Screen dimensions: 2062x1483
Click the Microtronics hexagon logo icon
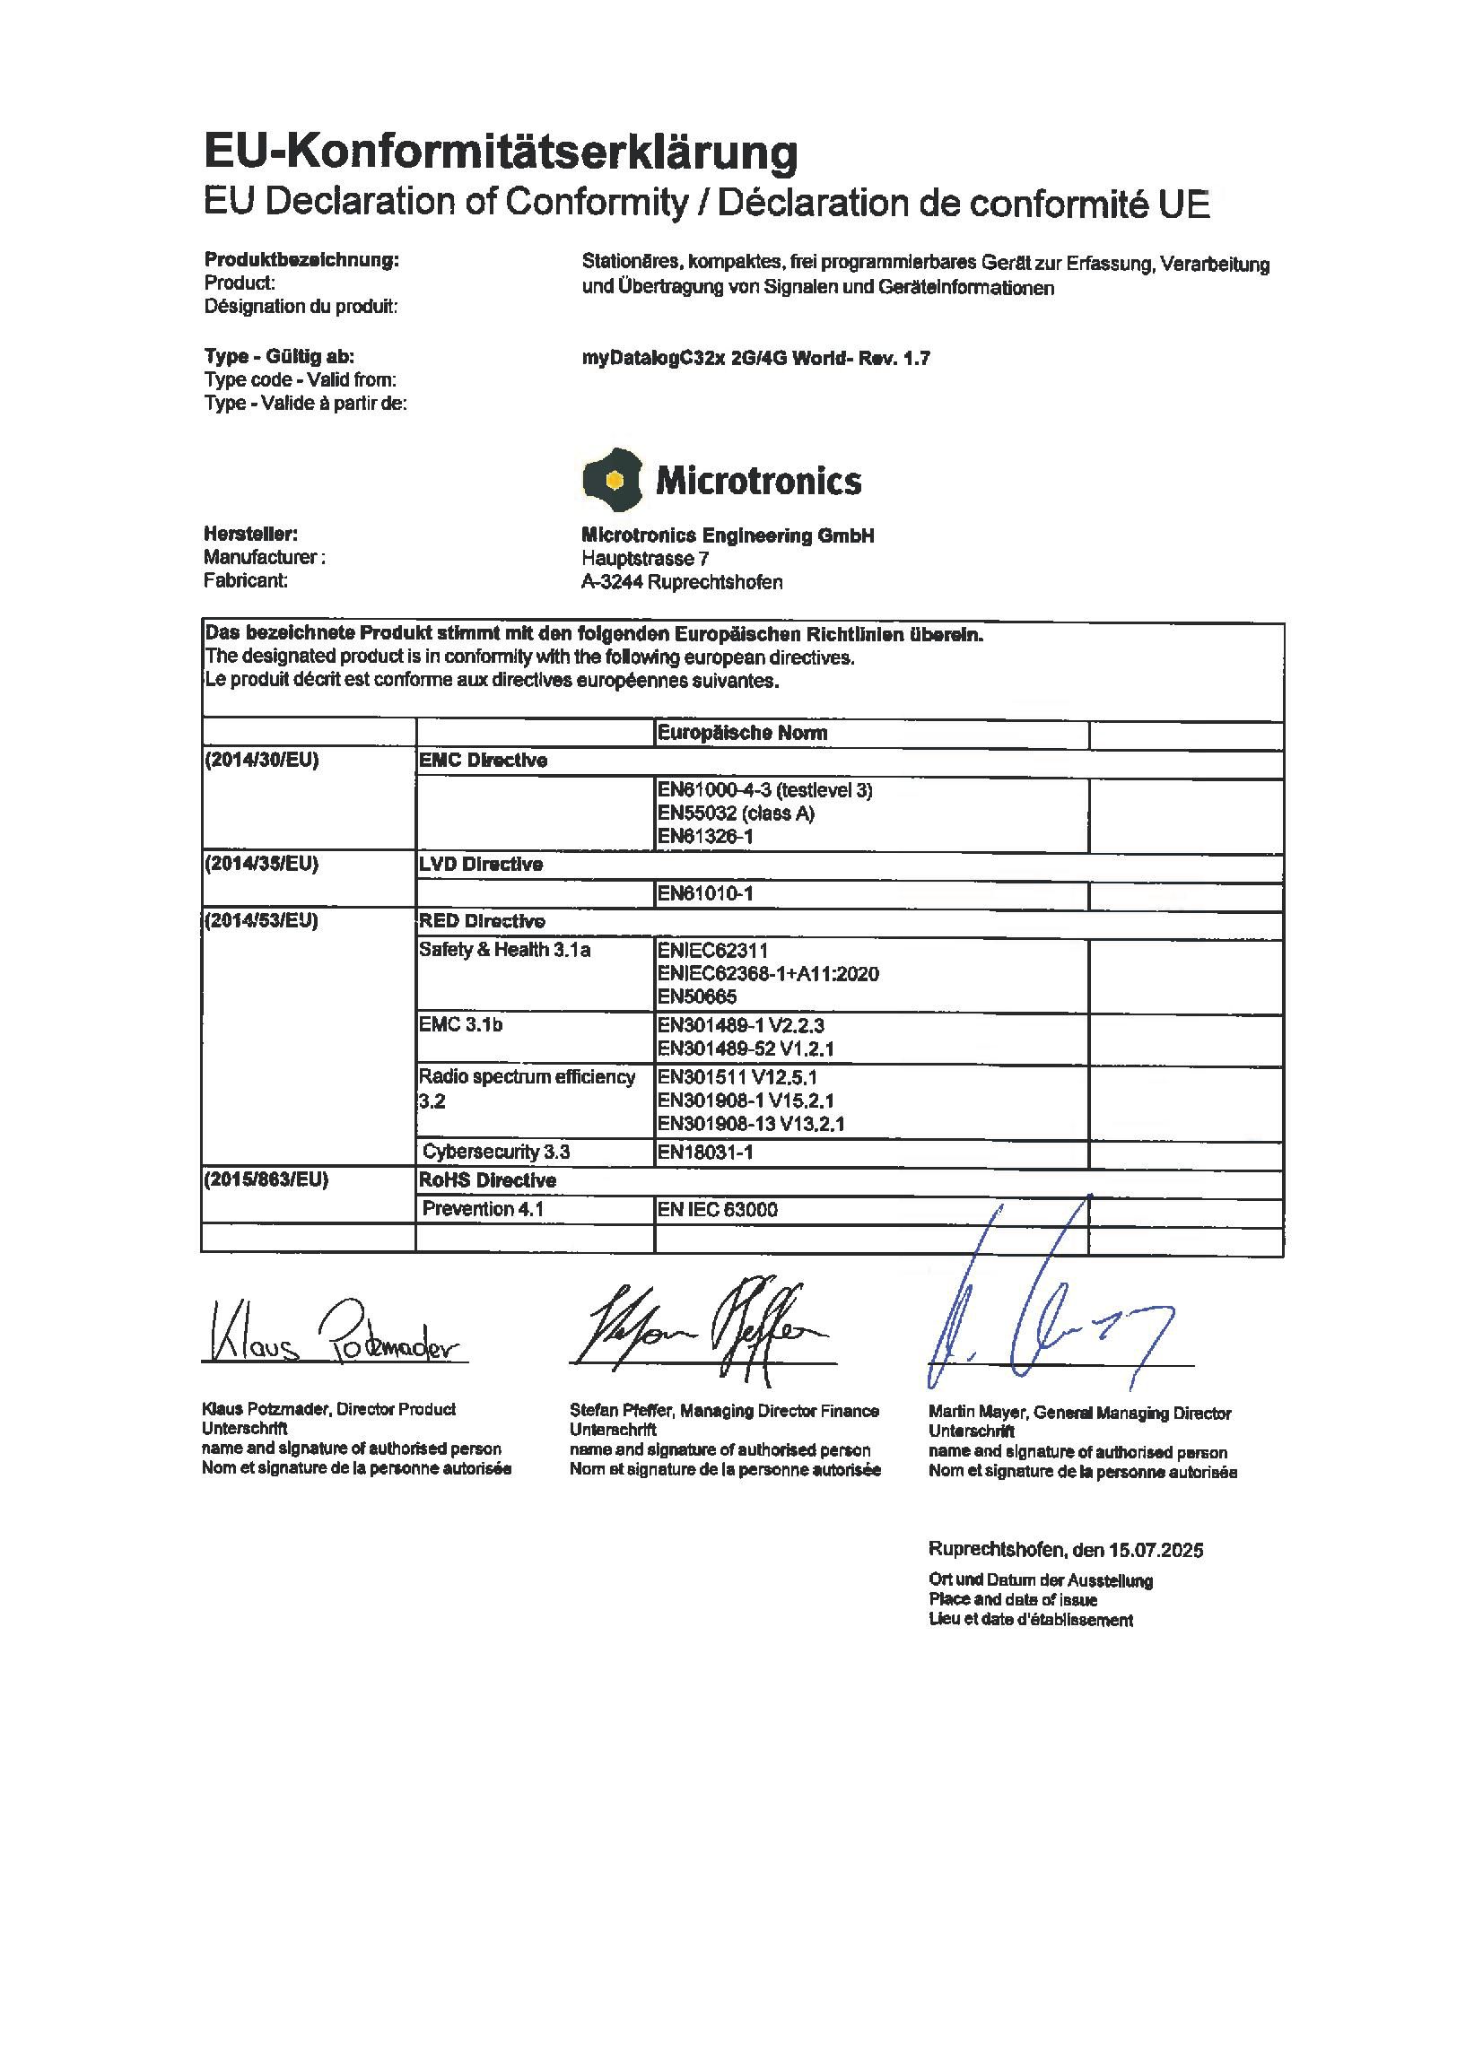pos(612,479)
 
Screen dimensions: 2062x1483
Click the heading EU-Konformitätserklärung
pos(500,151)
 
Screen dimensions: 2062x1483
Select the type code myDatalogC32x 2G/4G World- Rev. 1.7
pos(755,358)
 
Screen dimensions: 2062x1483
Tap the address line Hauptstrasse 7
pos(645,558)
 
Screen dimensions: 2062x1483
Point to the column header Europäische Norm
pos(742,733)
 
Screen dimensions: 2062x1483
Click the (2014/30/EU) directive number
pos(262,761)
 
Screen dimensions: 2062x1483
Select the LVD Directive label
pos(480,865)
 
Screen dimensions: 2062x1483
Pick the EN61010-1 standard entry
pos(705,893)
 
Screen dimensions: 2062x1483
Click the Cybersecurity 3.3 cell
pos(495,1152)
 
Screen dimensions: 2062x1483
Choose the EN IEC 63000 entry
pos(718,1209)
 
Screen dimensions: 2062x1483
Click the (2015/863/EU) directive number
pos(266,1180)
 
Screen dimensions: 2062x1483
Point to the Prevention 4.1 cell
pos(483,1209)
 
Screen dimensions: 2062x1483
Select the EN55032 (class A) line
pos(736,813)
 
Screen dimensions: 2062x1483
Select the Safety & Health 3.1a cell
pos(504,950)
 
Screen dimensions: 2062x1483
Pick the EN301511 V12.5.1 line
pos(737,1077)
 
